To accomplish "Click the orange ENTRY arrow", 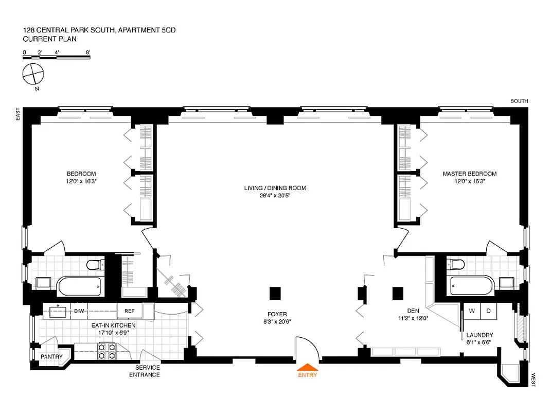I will [x=308, y=367].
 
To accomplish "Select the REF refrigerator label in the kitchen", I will [x=129, y=311].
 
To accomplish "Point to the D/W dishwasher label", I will [x=79, y=311].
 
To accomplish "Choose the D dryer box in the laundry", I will [x=488, y=311].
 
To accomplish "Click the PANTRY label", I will [x=52, y=357].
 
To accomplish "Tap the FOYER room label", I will [x=277, y=314].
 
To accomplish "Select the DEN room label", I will [x=413, y=311].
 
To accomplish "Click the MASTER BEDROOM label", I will [x=469, y=174].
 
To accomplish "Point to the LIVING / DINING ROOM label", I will [x=275, y=188].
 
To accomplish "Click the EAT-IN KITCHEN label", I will [x=114, y=325].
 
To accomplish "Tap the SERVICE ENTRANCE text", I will [x=147, y=371].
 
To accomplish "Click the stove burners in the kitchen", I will [x=106, y=351].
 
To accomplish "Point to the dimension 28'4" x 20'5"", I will [x=275, y=196].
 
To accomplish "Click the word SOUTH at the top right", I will [x=519, y=101].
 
